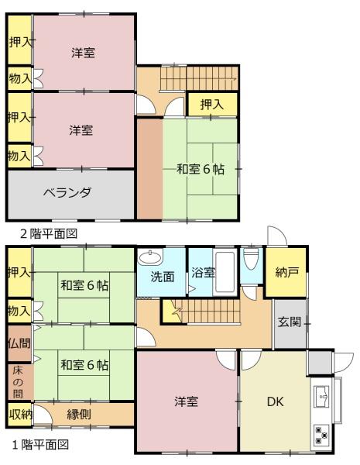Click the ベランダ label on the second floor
pos(67,193)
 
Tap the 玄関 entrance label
pos(290,322)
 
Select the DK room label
pos(276,401)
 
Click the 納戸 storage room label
pos(286,272)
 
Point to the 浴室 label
pos(203,272)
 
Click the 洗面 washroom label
pos(163,277)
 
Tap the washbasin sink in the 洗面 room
pos(150,257)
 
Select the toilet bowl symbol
pos(251,258)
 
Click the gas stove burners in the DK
pos(321,435)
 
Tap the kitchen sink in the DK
pos(321,397)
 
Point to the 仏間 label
pos(19,343)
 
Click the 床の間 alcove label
pos(18,382)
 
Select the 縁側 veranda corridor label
pos(79,414)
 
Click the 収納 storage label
pos(20,415)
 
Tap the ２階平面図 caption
pos(49,234)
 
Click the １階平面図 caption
pos(40,445)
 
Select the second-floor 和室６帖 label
pos(201,169)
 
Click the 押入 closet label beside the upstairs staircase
pos(212,105)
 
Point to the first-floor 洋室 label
pos(186,401)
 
